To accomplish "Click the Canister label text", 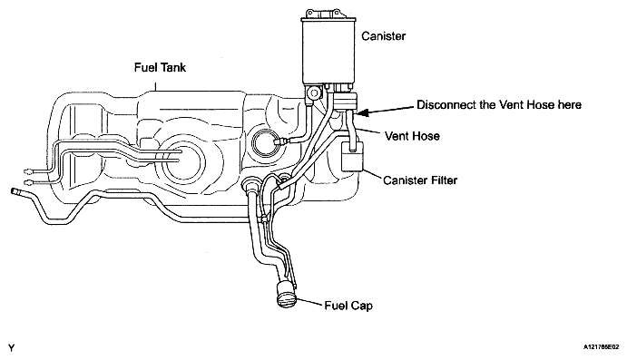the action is coord(383,36).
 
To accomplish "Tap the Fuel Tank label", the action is coord(160,67).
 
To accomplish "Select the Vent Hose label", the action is coord(412,136).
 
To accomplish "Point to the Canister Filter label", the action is coord(420,180).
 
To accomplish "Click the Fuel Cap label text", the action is coord(348,306).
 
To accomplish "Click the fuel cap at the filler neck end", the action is coord(287,295).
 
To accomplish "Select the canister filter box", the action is coord(352,156).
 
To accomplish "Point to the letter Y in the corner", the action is coord(11,347).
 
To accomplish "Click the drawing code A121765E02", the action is coord(601,347).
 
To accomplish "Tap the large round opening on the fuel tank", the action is coord(180,161).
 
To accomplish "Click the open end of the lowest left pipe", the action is coord(14,191).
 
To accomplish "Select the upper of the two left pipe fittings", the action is coord(29,171).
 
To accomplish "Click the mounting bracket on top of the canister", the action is coord(323,14).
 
